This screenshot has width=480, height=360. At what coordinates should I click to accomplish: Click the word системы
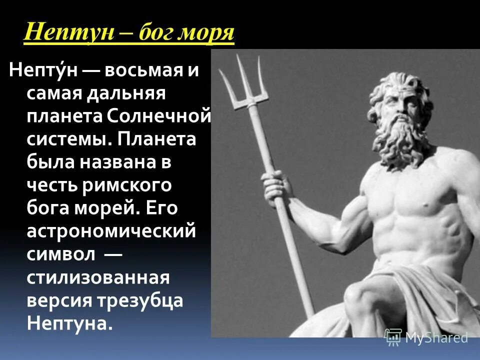[65, 139]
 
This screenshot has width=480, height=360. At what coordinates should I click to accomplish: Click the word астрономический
[110, 231]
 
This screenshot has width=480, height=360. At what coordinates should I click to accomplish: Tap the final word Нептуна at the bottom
[67, 323]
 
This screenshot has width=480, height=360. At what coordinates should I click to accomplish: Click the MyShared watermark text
[436, 338]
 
